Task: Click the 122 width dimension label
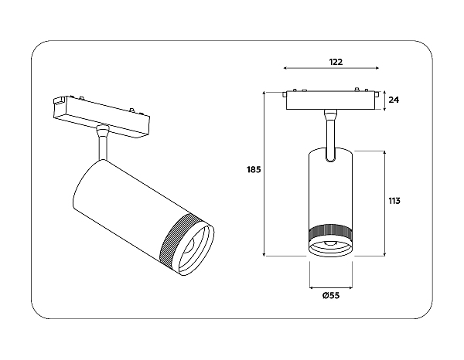tap(336, 62)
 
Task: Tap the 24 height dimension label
tap(394, 100)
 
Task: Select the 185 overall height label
tap(254, 170)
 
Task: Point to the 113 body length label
tap(394, 201)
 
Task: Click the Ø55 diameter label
tap(331, 295)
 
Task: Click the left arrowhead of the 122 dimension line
tap(285, 68)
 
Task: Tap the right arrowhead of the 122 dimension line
tap(377, 68)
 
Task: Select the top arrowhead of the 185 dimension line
tap(264, 94)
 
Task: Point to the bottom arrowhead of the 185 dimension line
tap(264, 254)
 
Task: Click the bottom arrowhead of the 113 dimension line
tap(384, 254)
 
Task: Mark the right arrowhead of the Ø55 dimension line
tap(350, 287)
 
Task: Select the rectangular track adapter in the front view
tap(330, 100)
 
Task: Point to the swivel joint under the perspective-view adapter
tap(102, 131)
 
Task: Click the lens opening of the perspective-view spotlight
tap(196, 250)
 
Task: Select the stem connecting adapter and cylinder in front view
tap(330, 136)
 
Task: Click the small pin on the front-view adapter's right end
tap(377, 95)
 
